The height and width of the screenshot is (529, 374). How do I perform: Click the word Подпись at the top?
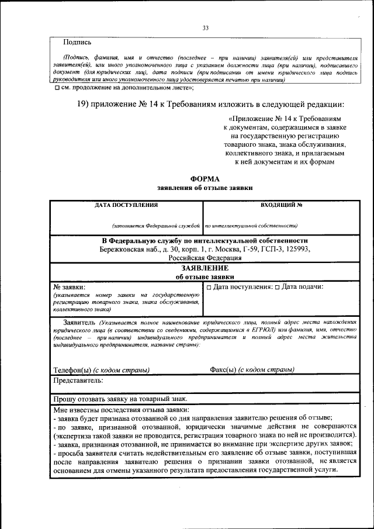coord(77,42)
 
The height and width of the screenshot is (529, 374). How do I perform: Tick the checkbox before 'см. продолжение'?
coord(56,88)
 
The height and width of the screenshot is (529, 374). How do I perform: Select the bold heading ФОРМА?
coord(205,179)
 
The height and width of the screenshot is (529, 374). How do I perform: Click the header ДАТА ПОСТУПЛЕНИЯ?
coord(126,205)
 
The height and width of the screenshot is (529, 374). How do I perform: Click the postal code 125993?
coord(296,249)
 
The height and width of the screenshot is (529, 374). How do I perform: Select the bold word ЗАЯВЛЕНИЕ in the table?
coord(205,267)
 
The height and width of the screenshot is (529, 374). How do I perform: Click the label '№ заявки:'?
coord(69,287)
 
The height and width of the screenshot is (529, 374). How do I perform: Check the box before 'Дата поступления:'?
coord(209,287)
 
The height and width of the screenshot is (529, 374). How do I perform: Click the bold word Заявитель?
coord(79,322)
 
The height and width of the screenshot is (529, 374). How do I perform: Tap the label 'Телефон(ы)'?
coord(72,369)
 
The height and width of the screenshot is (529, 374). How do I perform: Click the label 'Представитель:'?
coord(79,381)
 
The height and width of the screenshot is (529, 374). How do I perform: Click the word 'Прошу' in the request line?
coord(64,399)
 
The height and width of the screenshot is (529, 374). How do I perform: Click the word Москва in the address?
coord(217,249)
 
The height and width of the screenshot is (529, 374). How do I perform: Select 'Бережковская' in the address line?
coord(124,249)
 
